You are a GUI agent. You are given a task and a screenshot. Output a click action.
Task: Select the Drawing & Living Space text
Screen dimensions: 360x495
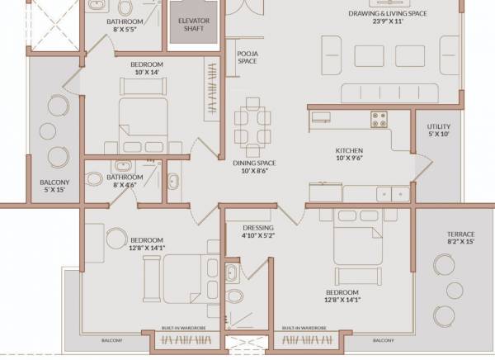coord(386,17)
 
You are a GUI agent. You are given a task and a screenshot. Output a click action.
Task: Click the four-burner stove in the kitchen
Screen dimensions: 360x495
coord(379,119)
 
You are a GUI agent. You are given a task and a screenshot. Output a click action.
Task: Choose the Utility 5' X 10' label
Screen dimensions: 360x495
coord(438,130)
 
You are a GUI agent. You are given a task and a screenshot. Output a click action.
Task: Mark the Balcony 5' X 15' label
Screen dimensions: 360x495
coord(54,187)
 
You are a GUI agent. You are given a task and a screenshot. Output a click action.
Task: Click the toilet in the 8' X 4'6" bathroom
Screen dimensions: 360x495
coord(95,178)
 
